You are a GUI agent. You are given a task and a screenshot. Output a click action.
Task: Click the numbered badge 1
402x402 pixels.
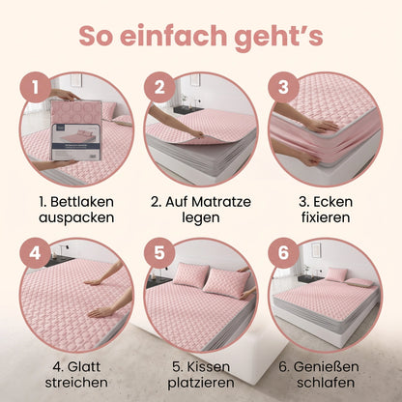[36, 87]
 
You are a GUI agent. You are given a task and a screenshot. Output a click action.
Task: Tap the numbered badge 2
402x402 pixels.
[159, 87]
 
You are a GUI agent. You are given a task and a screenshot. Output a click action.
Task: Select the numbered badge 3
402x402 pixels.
[283, 87]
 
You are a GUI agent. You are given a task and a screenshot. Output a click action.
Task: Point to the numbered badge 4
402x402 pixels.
[36, 253]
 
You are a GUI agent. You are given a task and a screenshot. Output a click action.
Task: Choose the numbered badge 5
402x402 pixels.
[159, 253]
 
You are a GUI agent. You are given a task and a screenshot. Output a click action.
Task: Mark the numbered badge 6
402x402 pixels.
[283, 253]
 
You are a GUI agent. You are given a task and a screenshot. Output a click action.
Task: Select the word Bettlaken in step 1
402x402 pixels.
[82, 202]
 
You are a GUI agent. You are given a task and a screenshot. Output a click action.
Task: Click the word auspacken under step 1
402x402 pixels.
[76, 218]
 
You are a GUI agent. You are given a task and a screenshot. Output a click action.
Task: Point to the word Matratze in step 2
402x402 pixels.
[221, 202]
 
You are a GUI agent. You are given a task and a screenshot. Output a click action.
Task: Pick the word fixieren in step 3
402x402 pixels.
[326, 217]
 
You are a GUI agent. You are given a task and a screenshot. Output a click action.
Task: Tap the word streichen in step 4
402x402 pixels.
[76, 383]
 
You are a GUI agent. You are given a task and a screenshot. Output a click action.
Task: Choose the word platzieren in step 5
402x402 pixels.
[201, 383]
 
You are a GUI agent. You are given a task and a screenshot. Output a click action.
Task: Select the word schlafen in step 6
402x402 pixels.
[326, 383]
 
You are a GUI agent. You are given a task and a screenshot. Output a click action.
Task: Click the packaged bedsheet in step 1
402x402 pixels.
[76, 129]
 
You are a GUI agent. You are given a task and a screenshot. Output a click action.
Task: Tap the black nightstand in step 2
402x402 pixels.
[188, 109]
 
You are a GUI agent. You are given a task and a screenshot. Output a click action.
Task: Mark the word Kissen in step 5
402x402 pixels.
[209, 367]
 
